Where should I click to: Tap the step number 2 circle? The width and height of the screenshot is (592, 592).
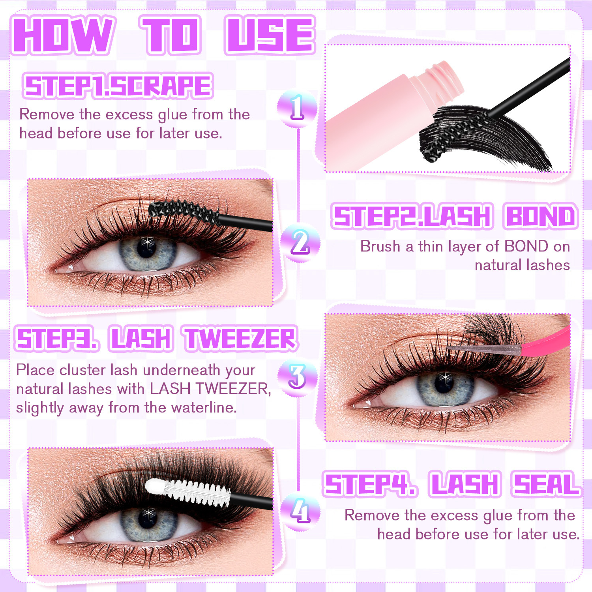[x=300, y=242]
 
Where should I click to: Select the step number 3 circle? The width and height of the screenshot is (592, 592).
[x=297, y=377]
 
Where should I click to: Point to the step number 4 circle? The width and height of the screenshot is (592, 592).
[x=300, y=512]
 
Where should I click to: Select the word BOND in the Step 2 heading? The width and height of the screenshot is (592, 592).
[x=540, y=216]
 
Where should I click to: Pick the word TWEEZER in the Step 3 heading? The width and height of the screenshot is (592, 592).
[x=241, y=339]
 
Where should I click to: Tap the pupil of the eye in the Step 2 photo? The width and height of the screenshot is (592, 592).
[x=146, y=247]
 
